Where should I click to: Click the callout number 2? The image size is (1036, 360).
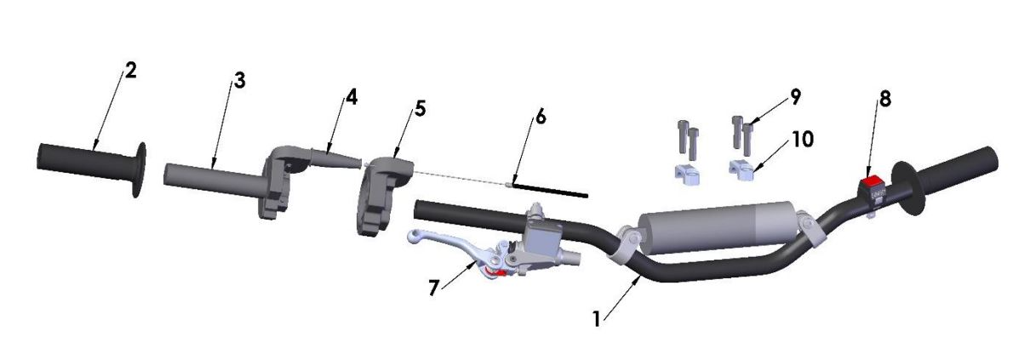129,71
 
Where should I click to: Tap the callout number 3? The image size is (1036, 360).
239,82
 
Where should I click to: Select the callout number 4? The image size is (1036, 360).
351,97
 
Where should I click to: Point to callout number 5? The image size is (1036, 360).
421,109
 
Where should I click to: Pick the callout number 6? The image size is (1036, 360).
540,117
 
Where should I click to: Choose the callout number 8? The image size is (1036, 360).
885,100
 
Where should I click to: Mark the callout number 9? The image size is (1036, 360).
794,97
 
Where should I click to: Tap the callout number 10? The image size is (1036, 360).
802,139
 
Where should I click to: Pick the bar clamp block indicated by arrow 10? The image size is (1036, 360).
741,171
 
